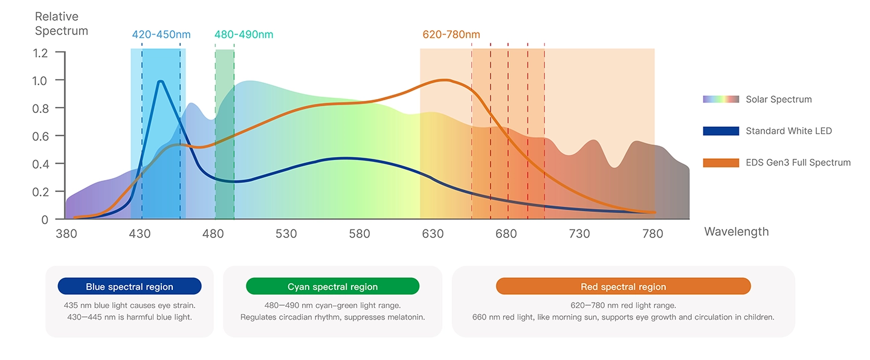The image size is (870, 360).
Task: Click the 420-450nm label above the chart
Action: [x=161, y=34]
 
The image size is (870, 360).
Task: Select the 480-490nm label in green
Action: [x=243, y=34]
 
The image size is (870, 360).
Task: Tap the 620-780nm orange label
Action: [x=451, y=34]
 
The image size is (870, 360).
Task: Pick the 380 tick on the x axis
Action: [x=66, y=234]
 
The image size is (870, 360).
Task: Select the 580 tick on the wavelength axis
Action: [x=359, y=234]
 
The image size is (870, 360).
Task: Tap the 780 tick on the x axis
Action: [x=652, y=234]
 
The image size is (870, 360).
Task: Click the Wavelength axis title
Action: [x=736, y=232]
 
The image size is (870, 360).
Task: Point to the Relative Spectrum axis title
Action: [x=61, y=24]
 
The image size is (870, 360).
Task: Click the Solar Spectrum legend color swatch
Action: [x=721, y=99]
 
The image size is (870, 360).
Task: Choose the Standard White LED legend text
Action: [x=788, y=131]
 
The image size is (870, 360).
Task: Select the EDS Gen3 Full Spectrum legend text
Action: [x=797, y=162]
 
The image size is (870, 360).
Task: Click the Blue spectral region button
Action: [x=129, y=287]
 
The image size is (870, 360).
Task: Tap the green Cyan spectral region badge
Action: [x=332, y=287]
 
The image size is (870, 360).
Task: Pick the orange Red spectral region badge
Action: [x=623, y=287]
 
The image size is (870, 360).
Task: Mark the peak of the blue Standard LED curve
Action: [x=161, y=82]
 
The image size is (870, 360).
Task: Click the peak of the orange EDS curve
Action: [x=445, y=80]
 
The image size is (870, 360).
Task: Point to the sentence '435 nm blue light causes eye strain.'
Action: [x=129, y=306]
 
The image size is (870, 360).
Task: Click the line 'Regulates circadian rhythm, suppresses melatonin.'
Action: [x=332, y=317]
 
